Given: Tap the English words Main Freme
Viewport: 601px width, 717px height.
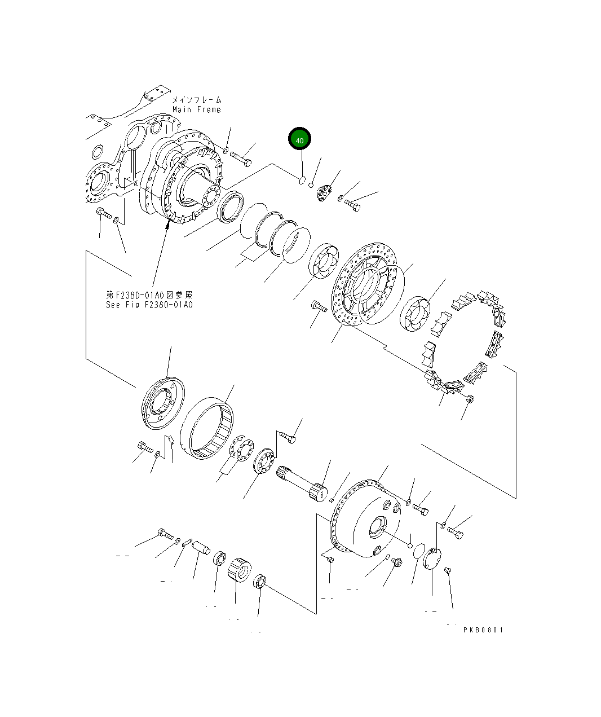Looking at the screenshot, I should [196, 109].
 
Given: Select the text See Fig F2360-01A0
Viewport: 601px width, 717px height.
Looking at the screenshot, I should [149, 305].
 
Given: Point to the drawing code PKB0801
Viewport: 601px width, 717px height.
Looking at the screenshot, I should [483, 630].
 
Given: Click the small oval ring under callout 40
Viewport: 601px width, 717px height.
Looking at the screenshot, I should [302, 181].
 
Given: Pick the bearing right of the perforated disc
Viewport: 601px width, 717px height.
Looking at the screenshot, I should [416, 313].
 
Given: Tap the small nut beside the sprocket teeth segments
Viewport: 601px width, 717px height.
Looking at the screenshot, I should [471, 399].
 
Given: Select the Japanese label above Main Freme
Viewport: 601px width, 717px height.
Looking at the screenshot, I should [196, 100].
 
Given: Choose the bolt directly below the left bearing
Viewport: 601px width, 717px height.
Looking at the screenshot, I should [319, 307].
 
